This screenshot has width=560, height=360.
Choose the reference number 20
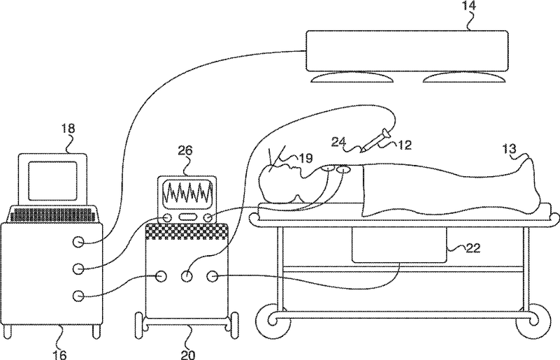(x=187, y=354)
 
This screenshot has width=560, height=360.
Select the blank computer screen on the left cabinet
(x=52, y=179)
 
